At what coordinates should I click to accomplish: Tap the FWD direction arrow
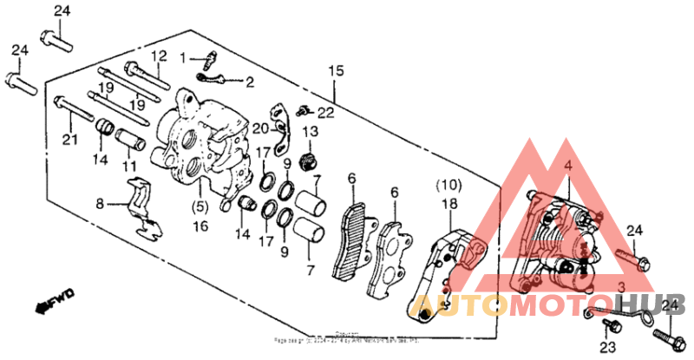click(53, 300)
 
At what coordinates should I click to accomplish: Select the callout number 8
click(100, 205)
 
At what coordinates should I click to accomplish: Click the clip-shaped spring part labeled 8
click(139, 206)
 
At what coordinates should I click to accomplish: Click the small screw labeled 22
click(303, 110)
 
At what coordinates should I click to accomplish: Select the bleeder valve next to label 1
click(208, 61)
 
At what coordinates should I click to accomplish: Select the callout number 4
click(567, 166)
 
